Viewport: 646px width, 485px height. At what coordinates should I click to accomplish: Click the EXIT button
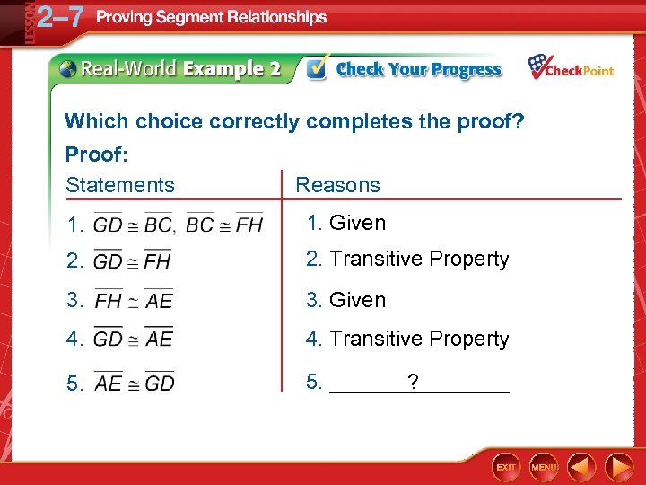pos(507,467)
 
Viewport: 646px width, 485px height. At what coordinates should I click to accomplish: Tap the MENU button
pos(544,467)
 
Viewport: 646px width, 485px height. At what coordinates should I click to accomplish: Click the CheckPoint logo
pos(571,68)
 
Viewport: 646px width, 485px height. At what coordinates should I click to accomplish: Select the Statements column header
pos(120,185)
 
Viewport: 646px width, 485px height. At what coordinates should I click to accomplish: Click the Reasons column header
pos(337,185)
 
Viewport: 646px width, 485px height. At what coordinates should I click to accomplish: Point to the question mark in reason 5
pos(413,383)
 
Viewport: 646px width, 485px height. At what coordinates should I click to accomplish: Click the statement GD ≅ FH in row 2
pos(132,261)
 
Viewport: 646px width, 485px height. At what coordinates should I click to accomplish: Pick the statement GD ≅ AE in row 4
pos(133,339)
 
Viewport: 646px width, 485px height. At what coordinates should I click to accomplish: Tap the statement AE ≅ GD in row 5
pos(134,383)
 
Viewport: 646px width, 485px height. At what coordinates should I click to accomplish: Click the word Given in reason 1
pos(357,223)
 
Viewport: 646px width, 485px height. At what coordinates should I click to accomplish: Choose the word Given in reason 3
pos(357,300)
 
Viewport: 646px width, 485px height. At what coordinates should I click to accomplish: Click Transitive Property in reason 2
pos(419,260)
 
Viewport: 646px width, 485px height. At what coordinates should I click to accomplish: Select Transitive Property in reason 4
pos(419,339)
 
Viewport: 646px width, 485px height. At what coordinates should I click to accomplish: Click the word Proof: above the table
pos(97,154)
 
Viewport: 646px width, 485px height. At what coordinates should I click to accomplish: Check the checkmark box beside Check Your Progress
pos(317,69)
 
